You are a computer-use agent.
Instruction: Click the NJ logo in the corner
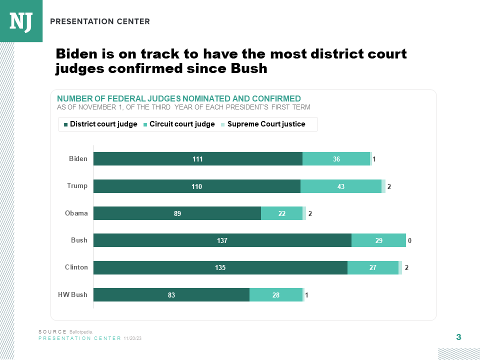pyautogui.click(x=21, y=21)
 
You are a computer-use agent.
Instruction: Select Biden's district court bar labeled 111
pyautogui.click(x=197, y=159)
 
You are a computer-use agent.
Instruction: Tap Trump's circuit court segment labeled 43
pyautogui.click(x=341, y=186)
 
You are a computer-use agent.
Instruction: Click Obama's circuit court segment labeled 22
pyautogui.click(x=282, y=213)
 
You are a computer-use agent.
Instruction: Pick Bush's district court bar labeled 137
pyautogui.click(x=222, y=240)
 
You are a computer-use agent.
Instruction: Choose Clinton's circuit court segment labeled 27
pyautogui.click(x=373, y=267)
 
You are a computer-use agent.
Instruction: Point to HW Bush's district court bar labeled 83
pyautogui.click(x=171, y=295)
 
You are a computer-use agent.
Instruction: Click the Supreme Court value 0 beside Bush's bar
pyautogui.click(x=409, y=241)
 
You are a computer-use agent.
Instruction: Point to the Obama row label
pyautogui.click(x=76, y=213)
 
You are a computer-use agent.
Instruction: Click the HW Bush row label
pyautogui.click(x=72, y=294)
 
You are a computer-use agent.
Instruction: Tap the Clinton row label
pyautogui.click(x=76, y=267)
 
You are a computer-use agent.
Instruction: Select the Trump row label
pyautogui.click(x=77, y=186)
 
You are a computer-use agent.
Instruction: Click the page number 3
pyautogui.click(x=458, y=337)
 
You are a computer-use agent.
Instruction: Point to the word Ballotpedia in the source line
pyautogui.click(x=84, y=332)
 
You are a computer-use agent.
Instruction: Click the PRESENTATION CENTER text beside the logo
pyautogui.click(x=100, y=21)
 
